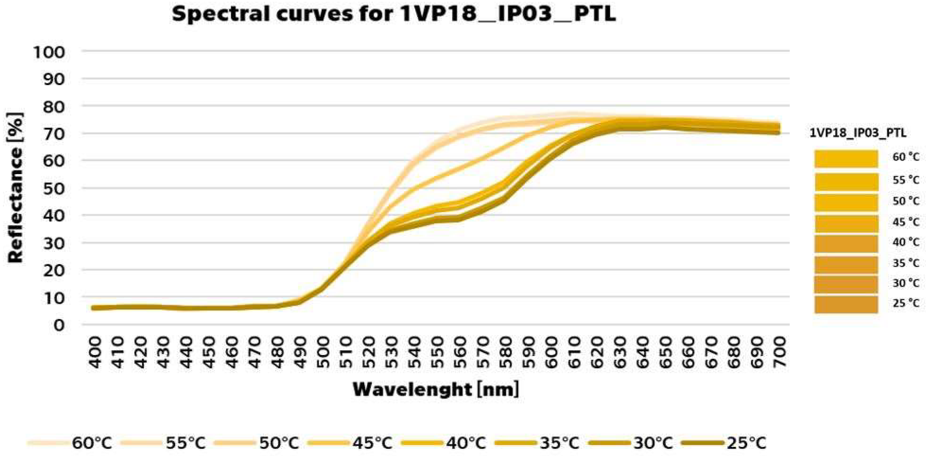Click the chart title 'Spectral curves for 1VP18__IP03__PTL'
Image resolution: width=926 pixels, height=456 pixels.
click(x=394, y=15)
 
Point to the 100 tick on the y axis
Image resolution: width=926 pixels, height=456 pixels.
click(x=49, y=52)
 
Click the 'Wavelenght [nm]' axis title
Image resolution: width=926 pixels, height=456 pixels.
click(x=436, y=389)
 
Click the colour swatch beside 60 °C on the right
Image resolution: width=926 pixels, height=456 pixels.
click(x=846, y=159)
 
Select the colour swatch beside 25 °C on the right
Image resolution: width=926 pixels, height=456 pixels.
click(x=846, y=304)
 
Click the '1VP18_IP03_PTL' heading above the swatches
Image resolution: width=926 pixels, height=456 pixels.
click(x=858, y=133)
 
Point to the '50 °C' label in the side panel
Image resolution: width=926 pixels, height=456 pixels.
click(x=905, y=200)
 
